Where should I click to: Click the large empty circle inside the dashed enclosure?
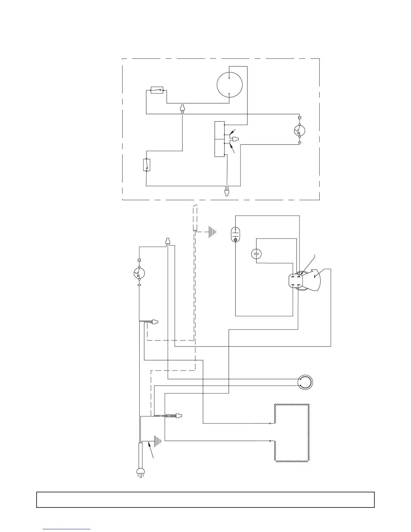(229, 85)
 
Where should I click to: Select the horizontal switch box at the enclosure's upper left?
(157, 90)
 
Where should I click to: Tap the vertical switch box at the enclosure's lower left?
(147, 165)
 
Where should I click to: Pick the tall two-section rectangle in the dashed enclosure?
(219, 139)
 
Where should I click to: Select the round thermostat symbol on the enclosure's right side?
(299, 130)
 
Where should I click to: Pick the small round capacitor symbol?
(257, 254)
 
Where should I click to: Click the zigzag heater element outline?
(291, 433)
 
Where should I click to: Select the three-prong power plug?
(139, 472)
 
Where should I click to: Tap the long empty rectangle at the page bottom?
(205, 499)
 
